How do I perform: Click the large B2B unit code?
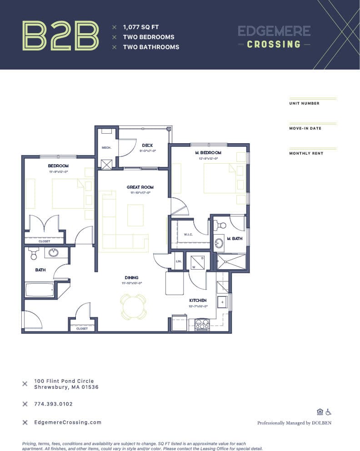point(60,35)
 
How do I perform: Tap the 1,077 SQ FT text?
point(140,27)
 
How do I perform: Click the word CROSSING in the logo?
point(274,44)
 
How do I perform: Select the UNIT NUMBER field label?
point(304,103)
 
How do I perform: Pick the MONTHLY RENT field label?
point(306,153)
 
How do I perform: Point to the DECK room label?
point(147,145)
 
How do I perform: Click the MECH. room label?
point(107,147)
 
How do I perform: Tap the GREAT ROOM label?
point(140,187)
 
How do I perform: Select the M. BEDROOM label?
point(207,152)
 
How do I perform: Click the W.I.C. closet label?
point(189,235)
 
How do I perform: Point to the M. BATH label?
point(235,239)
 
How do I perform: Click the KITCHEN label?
point(198,300)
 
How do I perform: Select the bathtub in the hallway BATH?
point(40,290)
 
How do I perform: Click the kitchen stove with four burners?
point(201,324)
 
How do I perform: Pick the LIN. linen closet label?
point(179,261)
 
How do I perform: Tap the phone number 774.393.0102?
point(53,404)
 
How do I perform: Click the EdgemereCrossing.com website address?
point(68,422)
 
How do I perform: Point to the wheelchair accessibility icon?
point(328,412)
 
